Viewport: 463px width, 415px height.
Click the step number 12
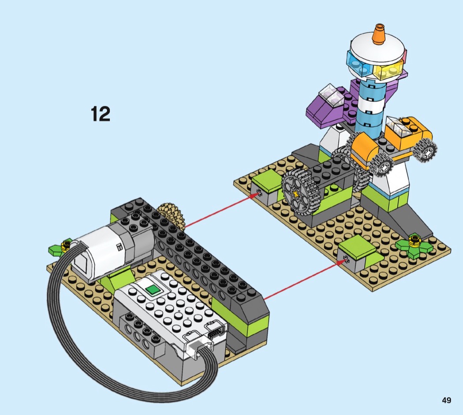pos(101,114)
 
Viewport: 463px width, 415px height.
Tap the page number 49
pos(446,400)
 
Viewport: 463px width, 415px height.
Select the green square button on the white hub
pos(153,290)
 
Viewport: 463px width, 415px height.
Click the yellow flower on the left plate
pos(66,245)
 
